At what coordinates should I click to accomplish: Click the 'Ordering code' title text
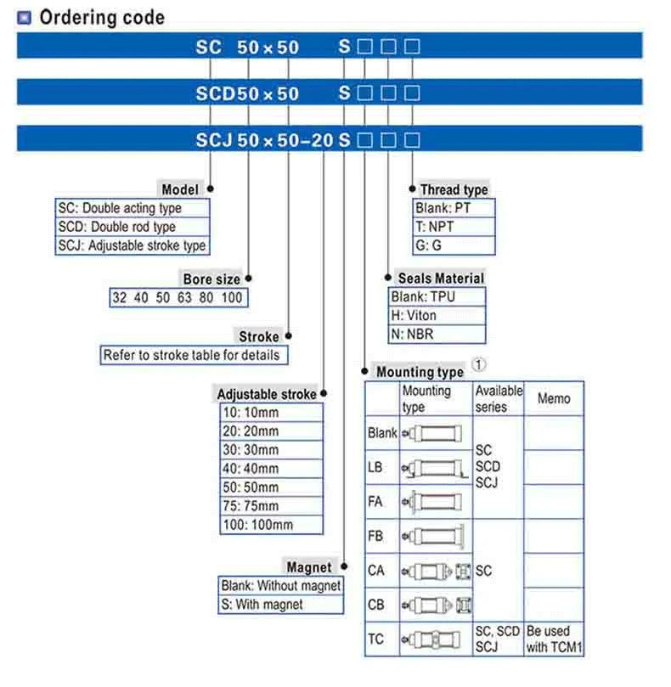(102, 18)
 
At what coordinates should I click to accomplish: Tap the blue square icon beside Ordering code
(24, 18)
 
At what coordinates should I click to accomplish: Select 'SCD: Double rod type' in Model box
(116, 227)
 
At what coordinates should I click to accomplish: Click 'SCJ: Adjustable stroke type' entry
(132, 245)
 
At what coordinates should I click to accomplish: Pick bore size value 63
(184, 298)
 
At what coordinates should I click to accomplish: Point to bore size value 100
(231, 298)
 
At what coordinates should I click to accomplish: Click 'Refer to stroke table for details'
(191, 355)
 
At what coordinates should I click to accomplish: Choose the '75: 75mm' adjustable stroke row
(251, 506)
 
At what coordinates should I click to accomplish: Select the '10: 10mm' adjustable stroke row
(251, 413)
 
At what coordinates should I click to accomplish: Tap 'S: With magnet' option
(262, 605)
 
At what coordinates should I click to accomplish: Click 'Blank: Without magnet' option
(280, 586)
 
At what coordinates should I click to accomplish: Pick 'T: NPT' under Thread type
(434, 227)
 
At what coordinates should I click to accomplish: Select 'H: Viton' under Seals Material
(414, 315)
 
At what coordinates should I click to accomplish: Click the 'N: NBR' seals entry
(412, 335)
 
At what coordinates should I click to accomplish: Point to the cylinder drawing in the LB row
(435, 469)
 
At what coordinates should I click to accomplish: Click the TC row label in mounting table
(375, 639)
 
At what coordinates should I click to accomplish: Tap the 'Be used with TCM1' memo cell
(554, 639)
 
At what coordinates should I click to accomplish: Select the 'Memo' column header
(554, 399)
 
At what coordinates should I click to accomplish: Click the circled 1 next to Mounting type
(478, 364)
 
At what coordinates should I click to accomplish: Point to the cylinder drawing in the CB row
(437, 605)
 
